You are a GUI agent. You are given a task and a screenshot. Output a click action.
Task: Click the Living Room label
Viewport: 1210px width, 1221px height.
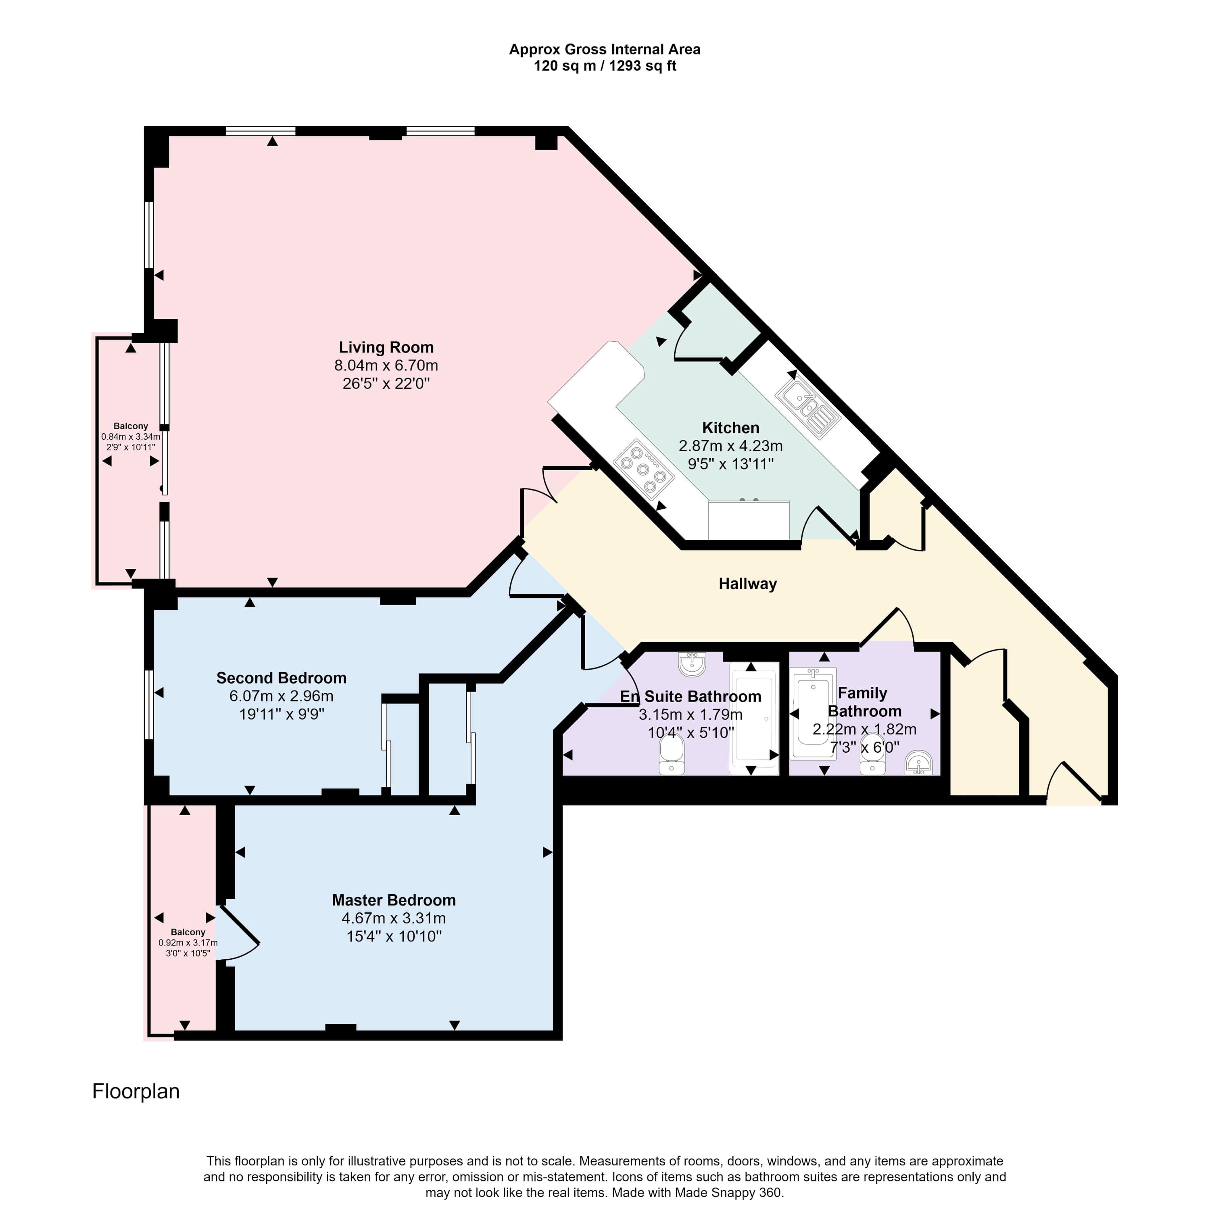tap(386, 347)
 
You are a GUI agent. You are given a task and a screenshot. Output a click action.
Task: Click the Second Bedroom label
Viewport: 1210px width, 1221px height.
tap(281, 678)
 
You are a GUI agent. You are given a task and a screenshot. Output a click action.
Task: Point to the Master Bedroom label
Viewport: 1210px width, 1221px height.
tap(394, 900)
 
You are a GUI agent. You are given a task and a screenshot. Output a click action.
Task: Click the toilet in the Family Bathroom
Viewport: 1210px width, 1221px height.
tap(872, 754)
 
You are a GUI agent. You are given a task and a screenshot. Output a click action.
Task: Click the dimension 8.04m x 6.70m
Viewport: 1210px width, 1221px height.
tap(386, 365)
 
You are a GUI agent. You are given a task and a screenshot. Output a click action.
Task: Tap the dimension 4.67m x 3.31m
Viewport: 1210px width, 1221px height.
tap(394, 918)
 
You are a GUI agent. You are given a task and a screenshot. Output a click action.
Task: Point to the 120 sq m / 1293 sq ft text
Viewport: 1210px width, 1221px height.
tap(605, 66)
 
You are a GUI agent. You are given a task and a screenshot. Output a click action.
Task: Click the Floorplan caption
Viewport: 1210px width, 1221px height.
tap(136, 1092)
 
